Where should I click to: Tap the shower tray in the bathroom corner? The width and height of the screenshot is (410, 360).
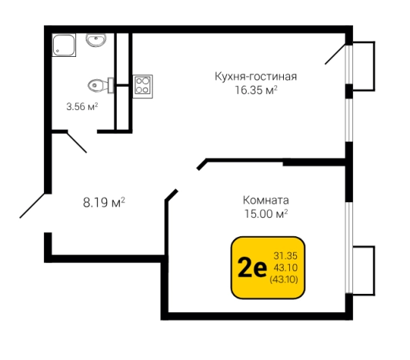64,45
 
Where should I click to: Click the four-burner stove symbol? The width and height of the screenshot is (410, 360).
142,84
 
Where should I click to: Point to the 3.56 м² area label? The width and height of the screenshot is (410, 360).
82,108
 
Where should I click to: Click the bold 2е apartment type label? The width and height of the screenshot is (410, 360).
251,268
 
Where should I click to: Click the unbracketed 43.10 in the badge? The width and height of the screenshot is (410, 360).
287,267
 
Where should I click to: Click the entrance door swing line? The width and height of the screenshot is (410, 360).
32,205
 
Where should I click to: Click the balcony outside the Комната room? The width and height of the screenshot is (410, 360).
363,270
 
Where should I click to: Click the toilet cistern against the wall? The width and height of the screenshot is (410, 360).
111,84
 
